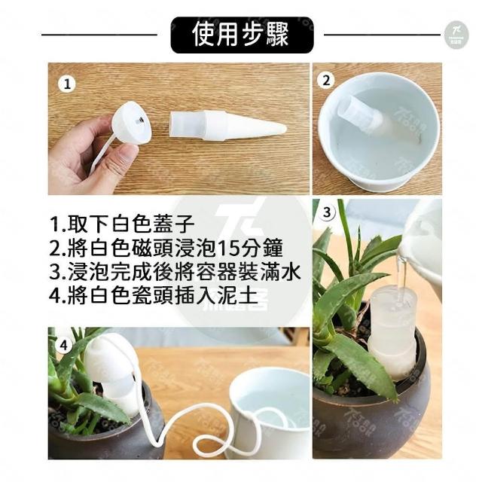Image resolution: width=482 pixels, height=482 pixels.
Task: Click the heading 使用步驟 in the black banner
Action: (240, 35)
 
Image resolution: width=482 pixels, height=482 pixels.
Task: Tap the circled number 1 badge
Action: (67, 84)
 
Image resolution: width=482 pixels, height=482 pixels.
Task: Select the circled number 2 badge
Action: (326, 81)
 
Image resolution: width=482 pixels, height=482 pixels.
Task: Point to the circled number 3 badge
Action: (327, 212)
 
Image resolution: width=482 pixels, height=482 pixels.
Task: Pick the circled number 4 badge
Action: (63, 346)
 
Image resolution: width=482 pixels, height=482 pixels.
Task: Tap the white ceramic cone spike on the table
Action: (228, 126)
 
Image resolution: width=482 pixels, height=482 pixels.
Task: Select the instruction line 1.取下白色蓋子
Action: (122, 224)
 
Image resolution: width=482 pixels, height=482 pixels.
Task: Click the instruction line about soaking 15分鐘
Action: (166, 249)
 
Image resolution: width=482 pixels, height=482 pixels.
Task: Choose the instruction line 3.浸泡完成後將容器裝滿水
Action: (175, 273)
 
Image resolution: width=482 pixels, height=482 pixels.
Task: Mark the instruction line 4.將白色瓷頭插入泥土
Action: (153, 296)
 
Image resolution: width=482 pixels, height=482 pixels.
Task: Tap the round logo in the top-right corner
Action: (456, 35)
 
